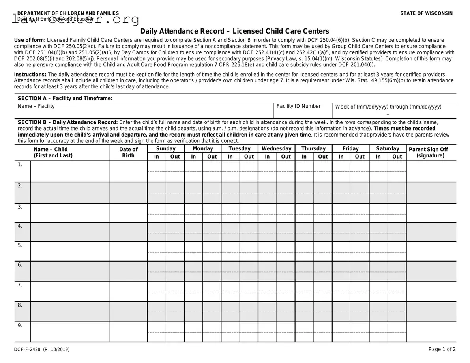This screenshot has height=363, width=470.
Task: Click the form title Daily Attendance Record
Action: tap(235, 31)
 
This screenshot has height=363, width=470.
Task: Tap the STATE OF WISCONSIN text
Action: tap(427, 13)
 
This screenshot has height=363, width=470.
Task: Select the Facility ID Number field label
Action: tap(299, 106)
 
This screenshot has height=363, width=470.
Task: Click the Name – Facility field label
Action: tap(36, 106)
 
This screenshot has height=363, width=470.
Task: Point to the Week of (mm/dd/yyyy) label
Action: tap(388, 107)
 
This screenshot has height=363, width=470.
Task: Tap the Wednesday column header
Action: tap(276, 149)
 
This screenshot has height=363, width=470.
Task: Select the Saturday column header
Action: tap(388, 149)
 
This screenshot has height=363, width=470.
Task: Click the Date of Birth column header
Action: tap(128, 152)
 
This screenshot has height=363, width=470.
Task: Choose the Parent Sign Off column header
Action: tap(431, 152)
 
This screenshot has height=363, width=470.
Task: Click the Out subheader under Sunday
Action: tap(175, 157)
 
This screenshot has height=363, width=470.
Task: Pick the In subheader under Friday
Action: tap(341, 157)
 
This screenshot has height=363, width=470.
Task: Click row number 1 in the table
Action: tap(20, 165)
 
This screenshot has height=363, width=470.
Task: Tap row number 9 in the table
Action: tap(20, 326)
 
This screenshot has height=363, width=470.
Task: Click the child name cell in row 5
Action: tap(70, 251)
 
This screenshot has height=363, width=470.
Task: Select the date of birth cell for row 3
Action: tap(128, 213)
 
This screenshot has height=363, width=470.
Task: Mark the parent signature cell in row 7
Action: tap(431, 291)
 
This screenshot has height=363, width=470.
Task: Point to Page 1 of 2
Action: tap(442, 349)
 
